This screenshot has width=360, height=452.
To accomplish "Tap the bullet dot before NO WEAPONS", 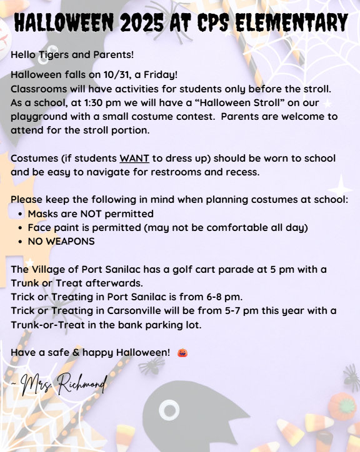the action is coord(21,241).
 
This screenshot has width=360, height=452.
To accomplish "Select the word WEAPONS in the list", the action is coord(69,241).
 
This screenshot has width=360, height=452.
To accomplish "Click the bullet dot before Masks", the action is coord(21,214).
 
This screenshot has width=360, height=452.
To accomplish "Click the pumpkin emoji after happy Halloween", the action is coord(182,352).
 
